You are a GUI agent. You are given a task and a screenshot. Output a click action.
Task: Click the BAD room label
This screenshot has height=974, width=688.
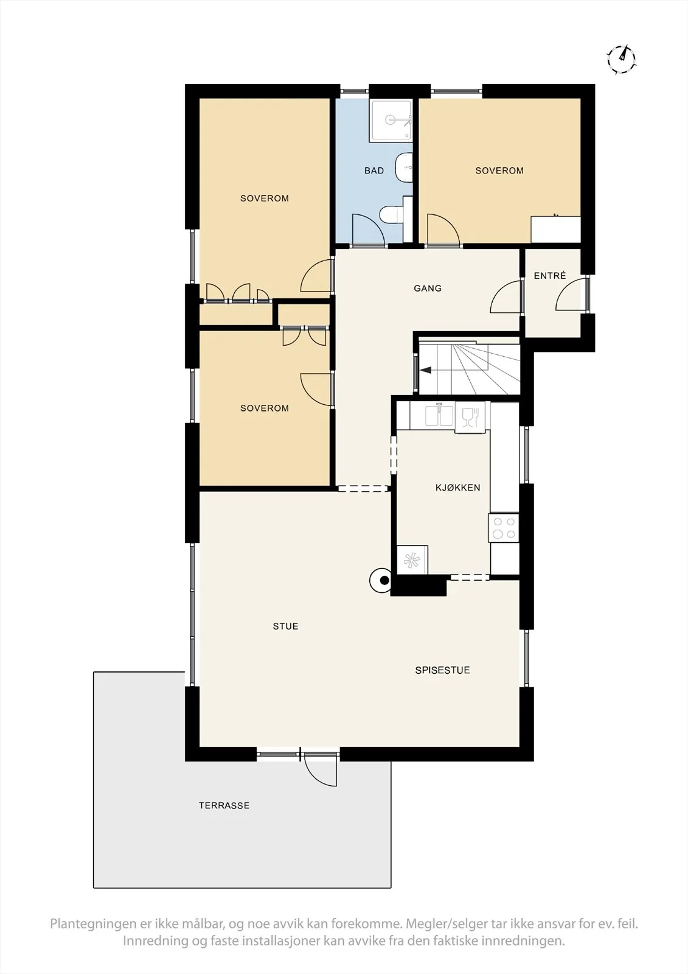pyautogui.click(x=374, y=171)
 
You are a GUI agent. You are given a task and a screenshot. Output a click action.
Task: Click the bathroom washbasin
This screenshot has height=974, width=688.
pyautogui.click(x=404, y=167)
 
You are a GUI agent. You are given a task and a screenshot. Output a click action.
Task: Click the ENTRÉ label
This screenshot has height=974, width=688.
pyautogui.click(x=550, y=276)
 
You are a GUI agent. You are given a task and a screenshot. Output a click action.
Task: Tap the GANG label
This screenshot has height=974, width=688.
pyautogui.click(x=428, y=289)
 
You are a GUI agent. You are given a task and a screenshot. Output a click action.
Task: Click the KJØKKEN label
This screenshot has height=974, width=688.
pyautogui.click(x=457, y=488)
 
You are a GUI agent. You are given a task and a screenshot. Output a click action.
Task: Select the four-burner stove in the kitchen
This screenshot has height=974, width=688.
pyautogui.click(x=504, y=528)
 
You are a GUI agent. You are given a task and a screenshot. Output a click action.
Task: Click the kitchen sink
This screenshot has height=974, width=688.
pyautogui.click(x=438, y=415)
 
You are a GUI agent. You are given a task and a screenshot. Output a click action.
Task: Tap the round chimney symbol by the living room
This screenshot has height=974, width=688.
pyautogui.click(x=381, y=580)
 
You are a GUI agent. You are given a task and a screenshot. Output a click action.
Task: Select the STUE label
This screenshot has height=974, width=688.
pyautogui.click(x=285, y=626)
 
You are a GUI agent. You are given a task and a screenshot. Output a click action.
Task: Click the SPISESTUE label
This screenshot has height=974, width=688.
pyautogui.click(x=442, y=670)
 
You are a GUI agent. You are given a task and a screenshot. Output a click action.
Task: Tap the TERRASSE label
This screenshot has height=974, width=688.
pyautogui.click(x=224, y=806)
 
